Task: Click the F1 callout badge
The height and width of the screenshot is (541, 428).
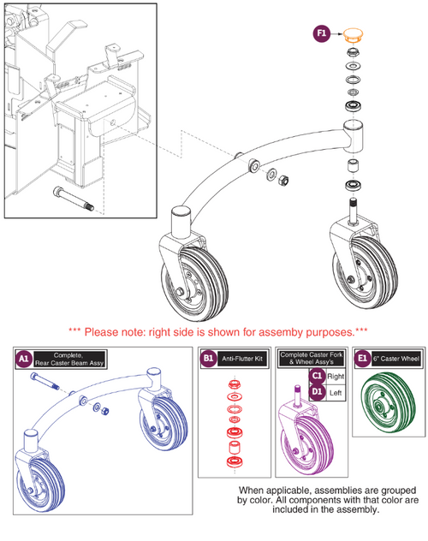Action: [322, 33]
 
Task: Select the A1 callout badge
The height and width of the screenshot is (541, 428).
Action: [24, 360]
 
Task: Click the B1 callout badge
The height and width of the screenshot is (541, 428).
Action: [208, 360]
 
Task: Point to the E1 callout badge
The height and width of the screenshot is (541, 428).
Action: [364, 360]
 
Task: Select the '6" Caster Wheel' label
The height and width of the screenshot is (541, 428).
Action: [400, 360]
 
